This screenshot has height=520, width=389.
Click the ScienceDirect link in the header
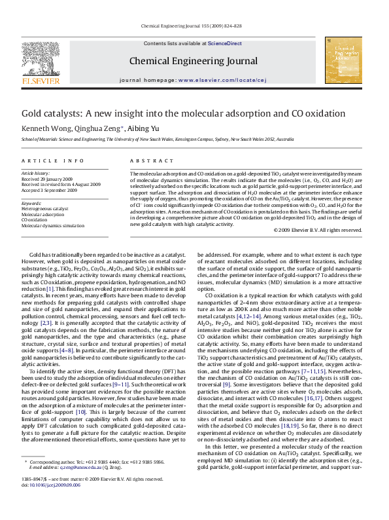pos(224,43)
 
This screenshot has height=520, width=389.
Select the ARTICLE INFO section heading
pos(53,161)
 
